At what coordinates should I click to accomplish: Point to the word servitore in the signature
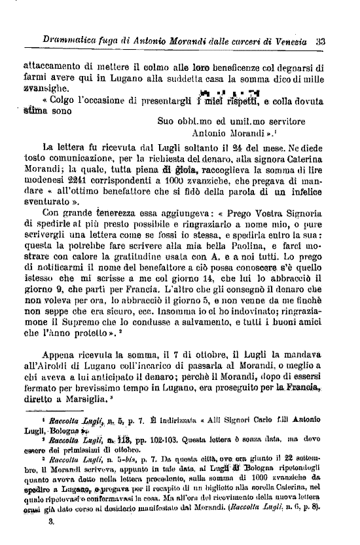coord(281,121)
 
